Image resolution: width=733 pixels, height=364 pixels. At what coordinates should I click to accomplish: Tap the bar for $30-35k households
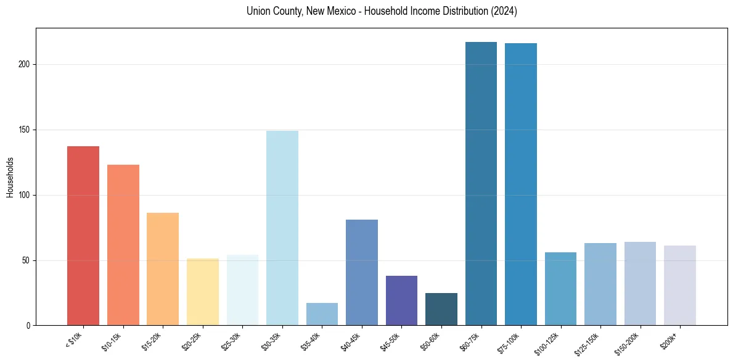282,228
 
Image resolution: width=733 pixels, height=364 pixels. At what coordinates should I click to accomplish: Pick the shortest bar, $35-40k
322,314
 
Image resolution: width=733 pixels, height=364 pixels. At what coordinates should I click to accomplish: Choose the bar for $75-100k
521,184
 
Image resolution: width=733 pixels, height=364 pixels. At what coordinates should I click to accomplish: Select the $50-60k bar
441,309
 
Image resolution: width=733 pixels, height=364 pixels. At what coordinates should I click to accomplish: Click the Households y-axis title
10,177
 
